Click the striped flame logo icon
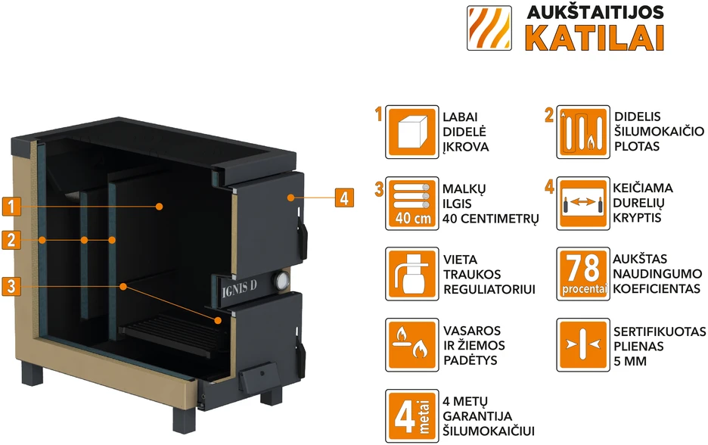pos(489,28)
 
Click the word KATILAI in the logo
pos(595,38)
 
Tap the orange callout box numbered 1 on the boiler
pos(11,207)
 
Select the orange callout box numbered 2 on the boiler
pos(11,240)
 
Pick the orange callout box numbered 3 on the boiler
pos(11,286)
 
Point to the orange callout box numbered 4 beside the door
pos(344,198)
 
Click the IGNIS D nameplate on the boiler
pos(239,287)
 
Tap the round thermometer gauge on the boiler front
pos(281,281)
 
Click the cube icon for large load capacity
pos(411,132)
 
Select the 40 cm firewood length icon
pos(411,204)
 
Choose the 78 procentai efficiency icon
pos(583,274)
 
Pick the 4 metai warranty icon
pos(411,416)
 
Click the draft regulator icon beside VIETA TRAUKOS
pos(411,274)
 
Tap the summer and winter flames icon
pos(411,345)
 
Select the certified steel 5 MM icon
pos(583,345)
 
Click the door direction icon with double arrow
pos(583,204)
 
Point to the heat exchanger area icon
pos(583,132)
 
